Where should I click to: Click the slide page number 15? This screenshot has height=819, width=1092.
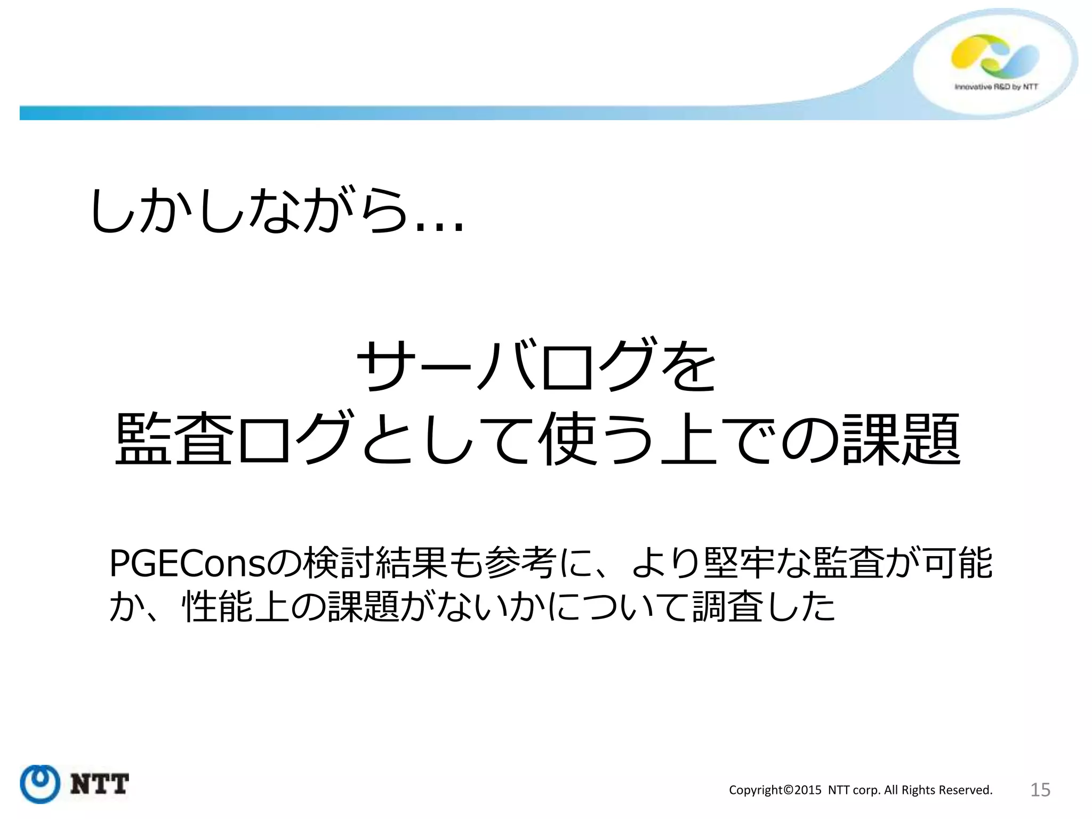[x=1040, y=790]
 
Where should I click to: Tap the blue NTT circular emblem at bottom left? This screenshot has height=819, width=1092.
[x=39, y=784]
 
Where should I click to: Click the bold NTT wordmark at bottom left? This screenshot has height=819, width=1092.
[x=100, y=784]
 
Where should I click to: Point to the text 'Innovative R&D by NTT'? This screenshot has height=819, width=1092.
[x=996, y=87]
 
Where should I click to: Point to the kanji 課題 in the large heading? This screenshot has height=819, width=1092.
[x=901, y=439]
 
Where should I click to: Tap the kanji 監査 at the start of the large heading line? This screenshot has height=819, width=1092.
[x=174, y=439]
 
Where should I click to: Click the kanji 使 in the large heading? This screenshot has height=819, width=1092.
[x=567, y=439]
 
